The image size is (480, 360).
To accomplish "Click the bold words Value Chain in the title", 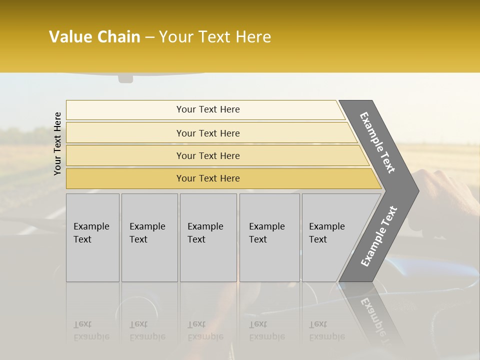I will pos(94,37).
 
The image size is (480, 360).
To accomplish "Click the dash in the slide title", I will pos(149,37).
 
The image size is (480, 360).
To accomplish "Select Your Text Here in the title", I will pos(215,37).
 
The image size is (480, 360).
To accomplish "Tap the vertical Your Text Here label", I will pos(57,143).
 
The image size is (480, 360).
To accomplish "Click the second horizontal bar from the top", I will pos(208,133).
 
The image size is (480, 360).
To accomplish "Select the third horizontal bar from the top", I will pos(208,155).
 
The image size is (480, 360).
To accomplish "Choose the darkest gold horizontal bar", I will pos(208,178).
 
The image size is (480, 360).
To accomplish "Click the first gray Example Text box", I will pos(92,237).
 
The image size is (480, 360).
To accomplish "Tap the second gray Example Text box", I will pos(149,237).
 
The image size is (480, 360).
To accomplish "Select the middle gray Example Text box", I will pos(208,237).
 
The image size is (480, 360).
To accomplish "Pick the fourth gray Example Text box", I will pos(269,237).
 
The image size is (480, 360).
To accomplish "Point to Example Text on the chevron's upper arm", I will pos(378,142).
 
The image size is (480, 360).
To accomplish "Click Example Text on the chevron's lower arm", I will pos(378,236).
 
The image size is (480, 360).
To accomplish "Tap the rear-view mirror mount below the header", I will pos(125,78).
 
